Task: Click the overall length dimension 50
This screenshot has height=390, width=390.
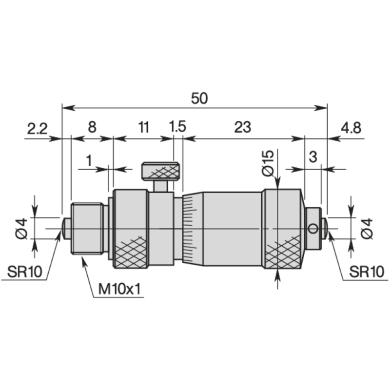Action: point(199,98)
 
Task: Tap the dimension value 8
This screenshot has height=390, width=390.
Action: point(92,128)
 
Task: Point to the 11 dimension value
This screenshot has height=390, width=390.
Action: point(143,128)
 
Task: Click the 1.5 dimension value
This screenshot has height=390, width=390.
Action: point(177,128)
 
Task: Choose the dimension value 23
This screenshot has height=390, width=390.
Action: point(242,128)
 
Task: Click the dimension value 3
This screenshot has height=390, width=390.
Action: point(313,157)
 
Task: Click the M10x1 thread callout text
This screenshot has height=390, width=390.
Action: point(119,290)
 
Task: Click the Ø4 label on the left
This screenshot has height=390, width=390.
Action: point(20,228)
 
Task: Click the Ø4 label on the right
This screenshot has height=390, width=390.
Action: point(367,228)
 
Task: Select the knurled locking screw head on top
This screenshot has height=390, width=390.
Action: point(162,171)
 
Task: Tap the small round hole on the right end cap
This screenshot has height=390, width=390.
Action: point(312,228)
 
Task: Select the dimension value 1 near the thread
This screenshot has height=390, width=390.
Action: point(89,159)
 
